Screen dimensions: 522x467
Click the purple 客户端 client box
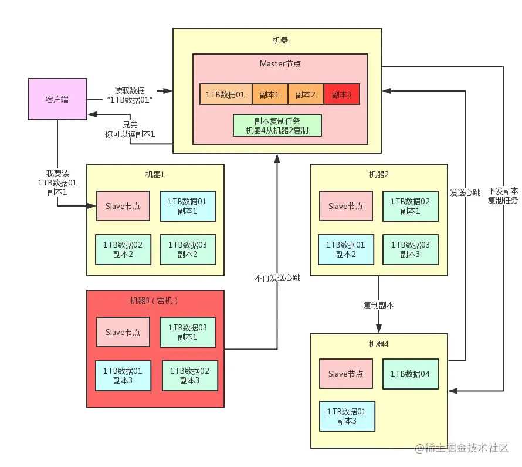(x=57, y=99)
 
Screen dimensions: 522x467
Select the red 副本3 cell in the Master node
(x=341, y=94)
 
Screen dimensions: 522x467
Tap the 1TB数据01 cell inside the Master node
(x=225, y=94)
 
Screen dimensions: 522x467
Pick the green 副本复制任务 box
(x=277, y=126)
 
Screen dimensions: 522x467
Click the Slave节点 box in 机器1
(x=123, y=206)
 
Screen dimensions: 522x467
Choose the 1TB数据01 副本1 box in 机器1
(x=188, y=206)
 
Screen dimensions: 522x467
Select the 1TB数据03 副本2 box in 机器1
(x=188, y=249)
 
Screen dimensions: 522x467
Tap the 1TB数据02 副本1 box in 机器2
(x=411, y=206)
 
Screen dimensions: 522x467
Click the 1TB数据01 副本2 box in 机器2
(x=346, y=249)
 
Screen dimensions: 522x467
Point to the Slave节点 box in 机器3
(x=123, y=332)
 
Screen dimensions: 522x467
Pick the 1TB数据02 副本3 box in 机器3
(x=190, y=375)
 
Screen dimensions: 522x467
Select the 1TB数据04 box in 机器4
(x=411, y=374)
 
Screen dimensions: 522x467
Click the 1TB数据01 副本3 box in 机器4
(x=347, y=417)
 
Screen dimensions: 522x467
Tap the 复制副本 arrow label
(x=378, y=306)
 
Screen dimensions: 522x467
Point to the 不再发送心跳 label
(x=277, y=278)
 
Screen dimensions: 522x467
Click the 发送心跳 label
(x=465, y=193)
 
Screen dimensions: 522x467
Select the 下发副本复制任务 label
(x=503, y=195)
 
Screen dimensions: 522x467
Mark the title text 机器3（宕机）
(x=154, y=301)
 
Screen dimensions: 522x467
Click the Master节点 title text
(x=280, y=63)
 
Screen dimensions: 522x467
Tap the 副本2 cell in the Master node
(x=306, y=94)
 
